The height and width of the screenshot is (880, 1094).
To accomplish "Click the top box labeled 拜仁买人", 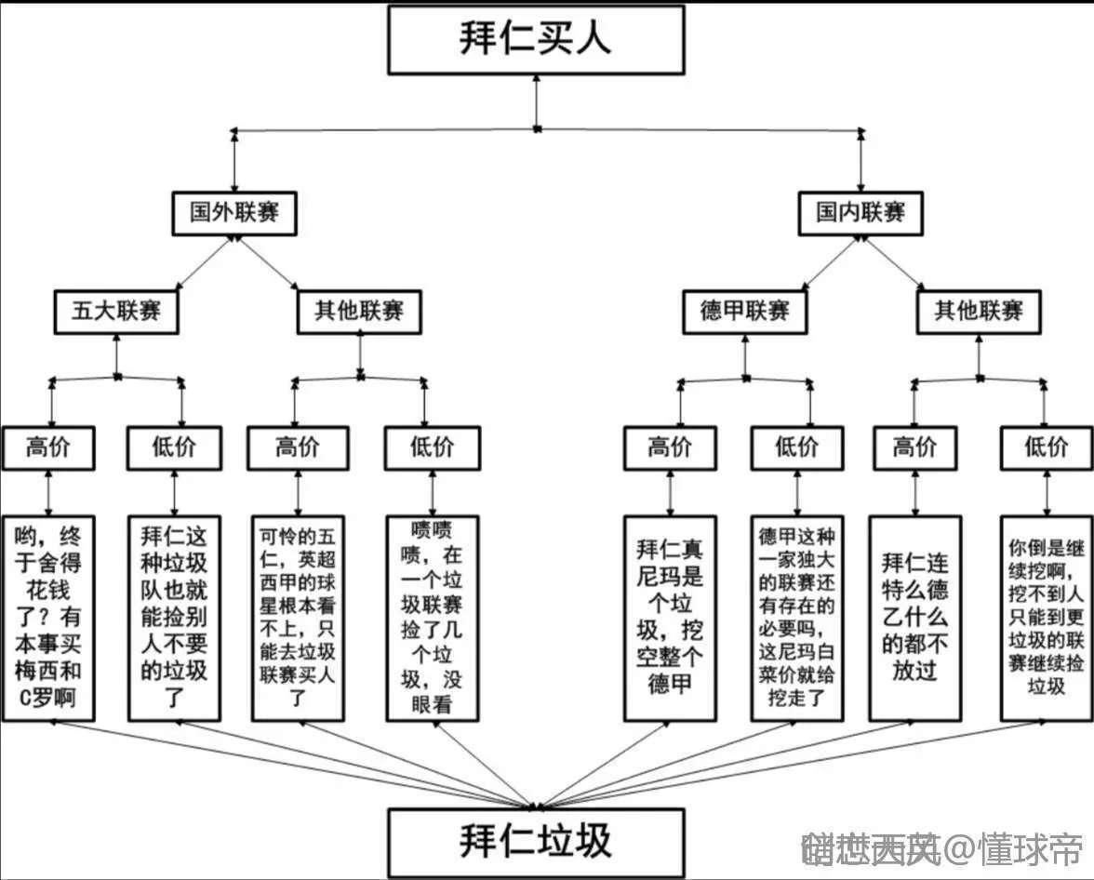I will point(536,40).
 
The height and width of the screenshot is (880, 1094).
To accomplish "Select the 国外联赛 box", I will point(233,213).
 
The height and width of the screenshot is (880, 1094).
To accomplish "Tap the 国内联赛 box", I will point(861,213).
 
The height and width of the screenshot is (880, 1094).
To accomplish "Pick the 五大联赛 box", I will point(116,311).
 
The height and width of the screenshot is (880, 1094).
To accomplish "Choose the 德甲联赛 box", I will point(744,311).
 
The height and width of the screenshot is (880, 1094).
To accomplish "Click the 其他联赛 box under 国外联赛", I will point(360,311).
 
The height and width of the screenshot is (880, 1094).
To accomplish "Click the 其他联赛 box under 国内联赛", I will point(979,311).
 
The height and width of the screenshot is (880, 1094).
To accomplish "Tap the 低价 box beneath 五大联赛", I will point(174,447).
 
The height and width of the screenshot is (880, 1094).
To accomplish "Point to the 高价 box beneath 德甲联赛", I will point(670,447).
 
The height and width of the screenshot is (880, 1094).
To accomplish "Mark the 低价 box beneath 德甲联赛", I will point(797,447).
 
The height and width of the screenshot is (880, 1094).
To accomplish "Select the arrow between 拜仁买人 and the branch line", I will point(536,101).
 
